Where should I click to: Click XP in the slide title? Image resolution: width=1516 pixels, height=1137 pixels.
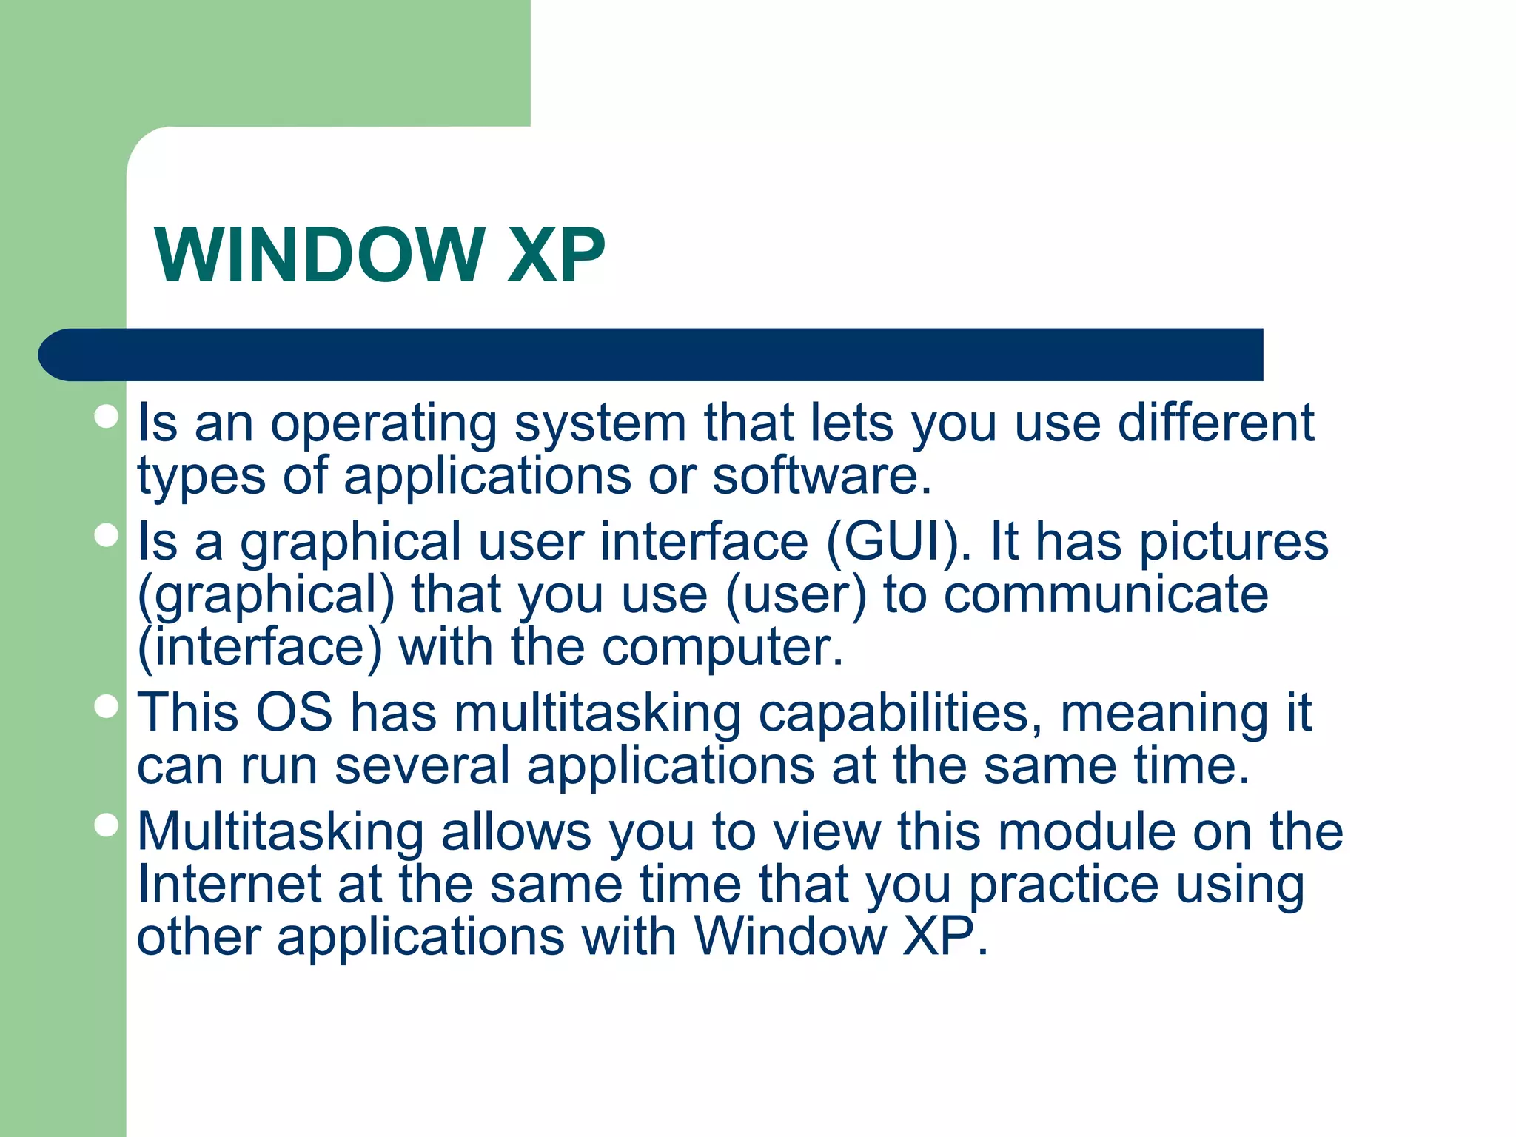click(x=556, y=255)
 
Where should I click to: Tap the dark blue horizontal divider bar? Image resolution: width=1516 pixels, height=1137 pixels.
click(x=651, y=355)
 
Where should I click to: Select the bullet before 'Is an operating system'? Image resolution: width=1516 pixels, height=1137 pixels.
click(x=107, y=417)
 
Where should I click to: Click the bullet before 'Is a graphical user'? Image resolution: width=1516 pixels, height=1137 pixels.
click(x=107, y=535)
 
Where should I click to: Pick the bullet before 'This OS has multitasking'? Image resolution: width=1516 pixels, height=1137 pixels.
click(x=107, y=706)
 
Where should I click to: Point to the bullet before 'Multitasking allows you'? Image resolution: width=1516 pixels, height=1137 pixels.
click(x=107, y=825)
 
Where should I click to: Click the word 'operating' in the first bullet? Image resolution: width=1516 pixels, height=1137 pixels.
click(x=383, y=425)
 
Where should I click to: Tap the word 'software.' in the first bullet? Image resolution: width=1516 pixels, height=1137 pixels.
click(x=822, y=476)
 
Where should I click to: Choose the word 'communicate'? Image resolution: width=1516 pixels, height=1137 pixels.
click(x=1106, y=595)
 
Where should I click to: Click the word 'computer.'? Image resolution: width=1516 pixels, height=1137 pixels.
click(x=722, y=648)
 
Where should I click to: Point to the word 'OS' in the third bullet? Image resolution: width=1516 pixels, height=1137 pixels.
click(x=294, y=713)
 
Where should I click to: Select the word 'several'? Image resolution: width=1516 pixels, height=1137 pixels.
click(x=422, y=766)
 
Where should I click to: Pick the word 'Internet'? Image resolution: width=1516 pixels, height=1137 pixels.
click(x=229, y=885)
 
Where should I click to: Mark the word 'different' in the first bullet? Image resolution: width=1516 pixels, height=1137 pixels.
click(x=1215, y=423)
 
